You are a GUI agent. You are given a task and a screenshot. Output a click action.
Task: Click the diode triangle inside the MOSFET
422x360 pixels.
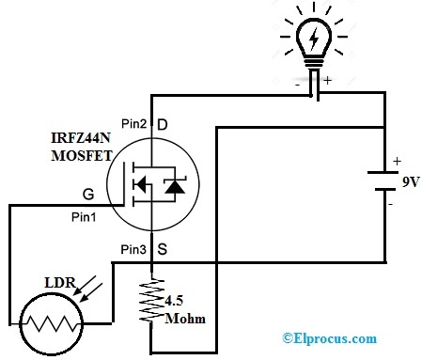173,187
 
